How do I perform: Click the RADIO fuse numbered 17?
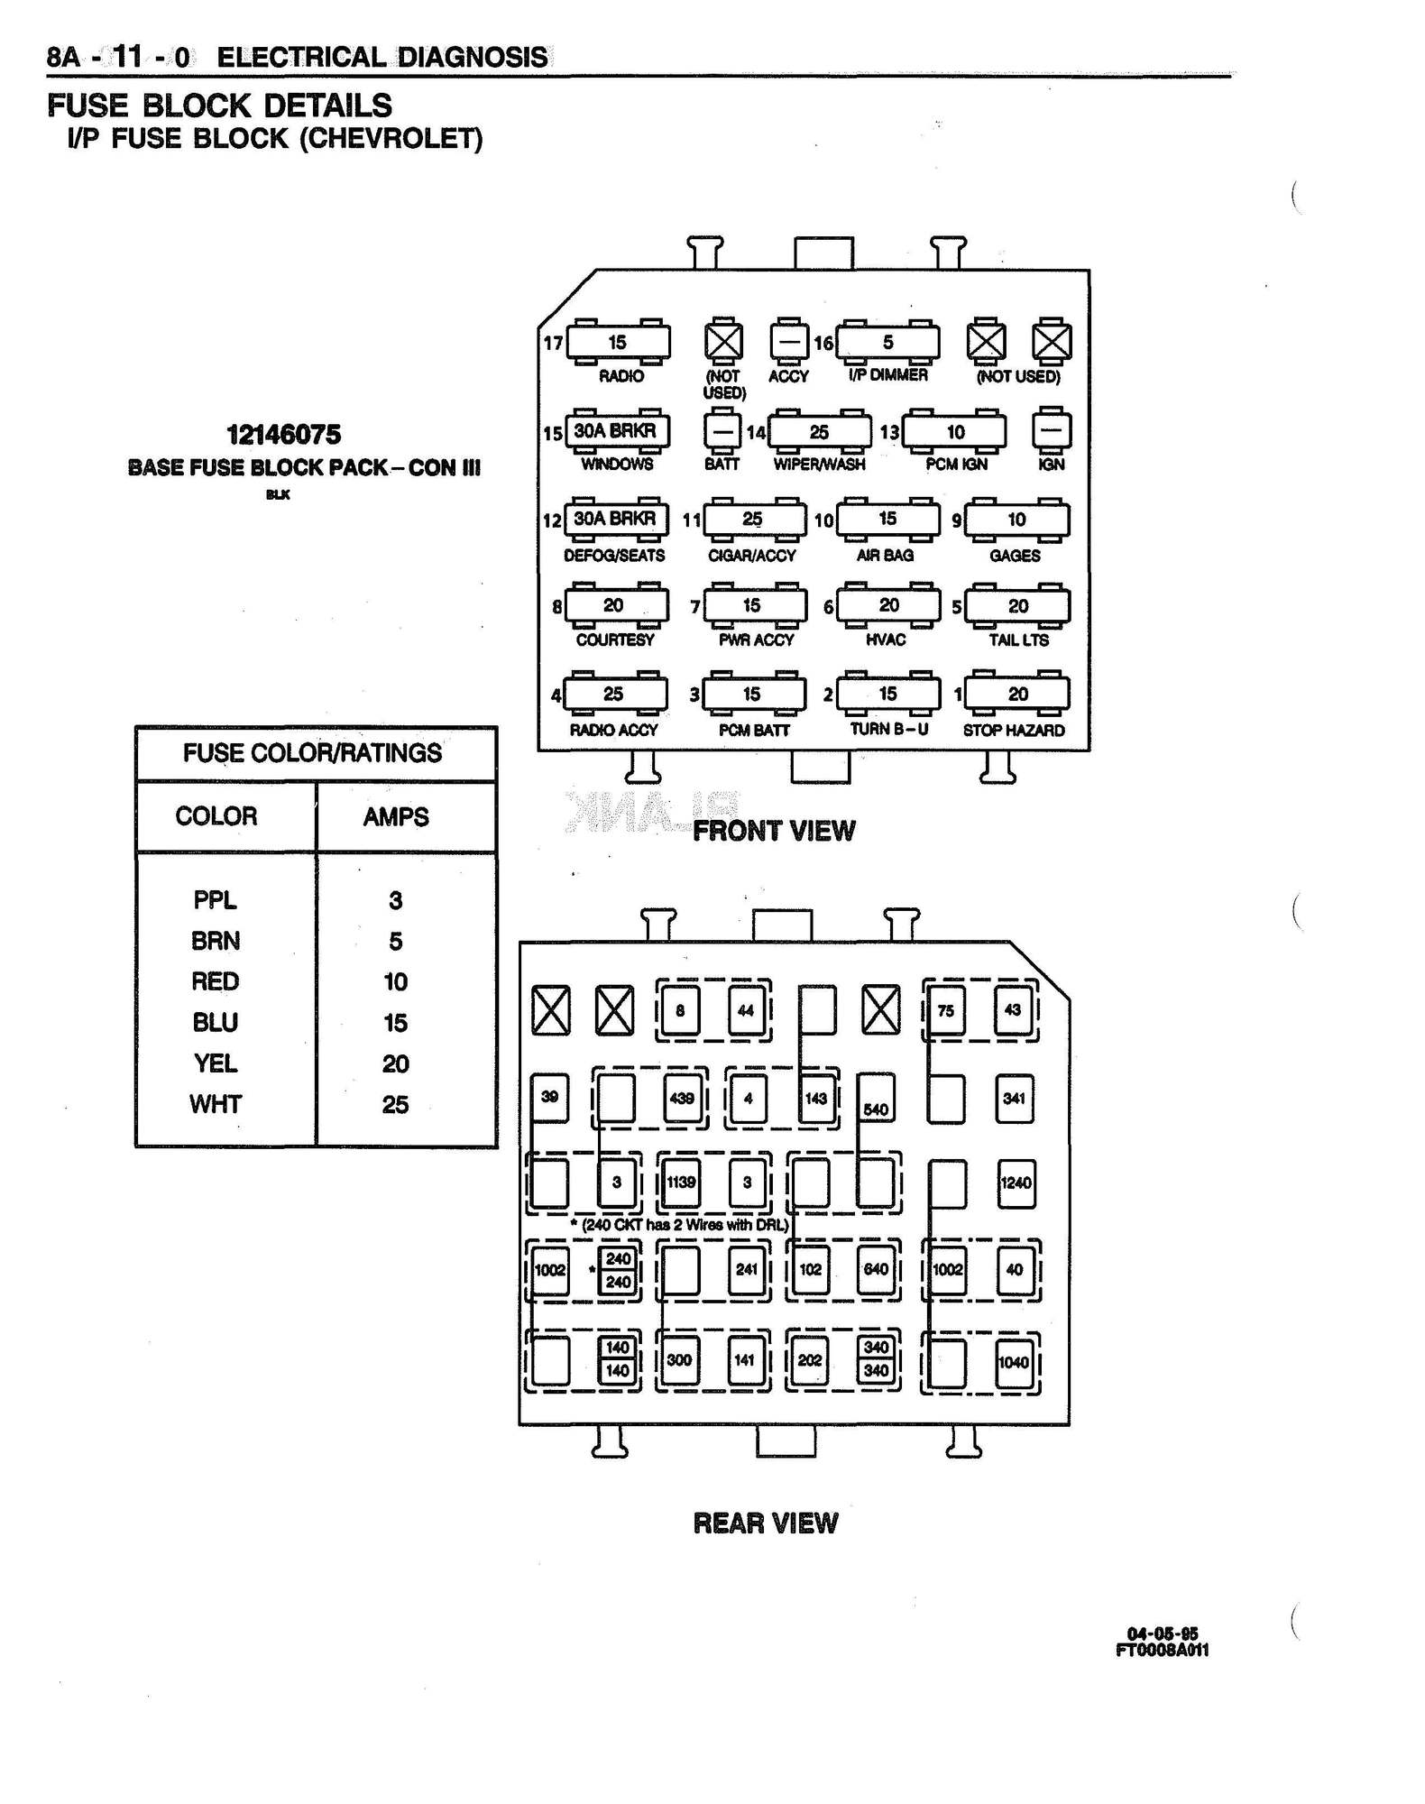618,343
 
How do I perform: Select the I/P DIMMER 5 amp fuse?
887,343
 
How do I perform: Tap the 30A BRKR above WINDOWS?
616,431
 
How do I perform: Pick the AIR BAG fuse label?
885,556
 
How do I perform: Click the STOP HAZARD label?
1014,731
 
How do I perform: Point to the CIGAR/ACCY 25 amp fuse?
754,520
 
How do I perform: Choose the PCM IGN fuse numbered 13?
954,432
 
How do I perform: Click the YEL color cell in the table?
216,1063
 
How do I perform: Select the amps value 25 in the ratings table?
395,1105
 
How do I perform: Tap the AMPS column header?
396,817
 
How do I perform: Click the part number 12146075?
284,435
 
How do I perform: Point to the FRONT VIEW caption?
774,831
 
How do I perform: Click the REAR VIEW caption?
766,1523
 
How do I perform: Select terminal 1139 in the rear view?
681,1182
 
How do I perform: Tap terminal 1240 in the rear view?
1016,1183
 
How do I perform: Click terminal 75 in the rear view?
945,1010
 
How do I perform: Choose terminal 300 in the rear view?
679,1360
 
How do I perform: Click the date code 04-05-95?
1162,1634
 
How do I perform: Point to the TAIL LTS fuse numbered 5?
1017,606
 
